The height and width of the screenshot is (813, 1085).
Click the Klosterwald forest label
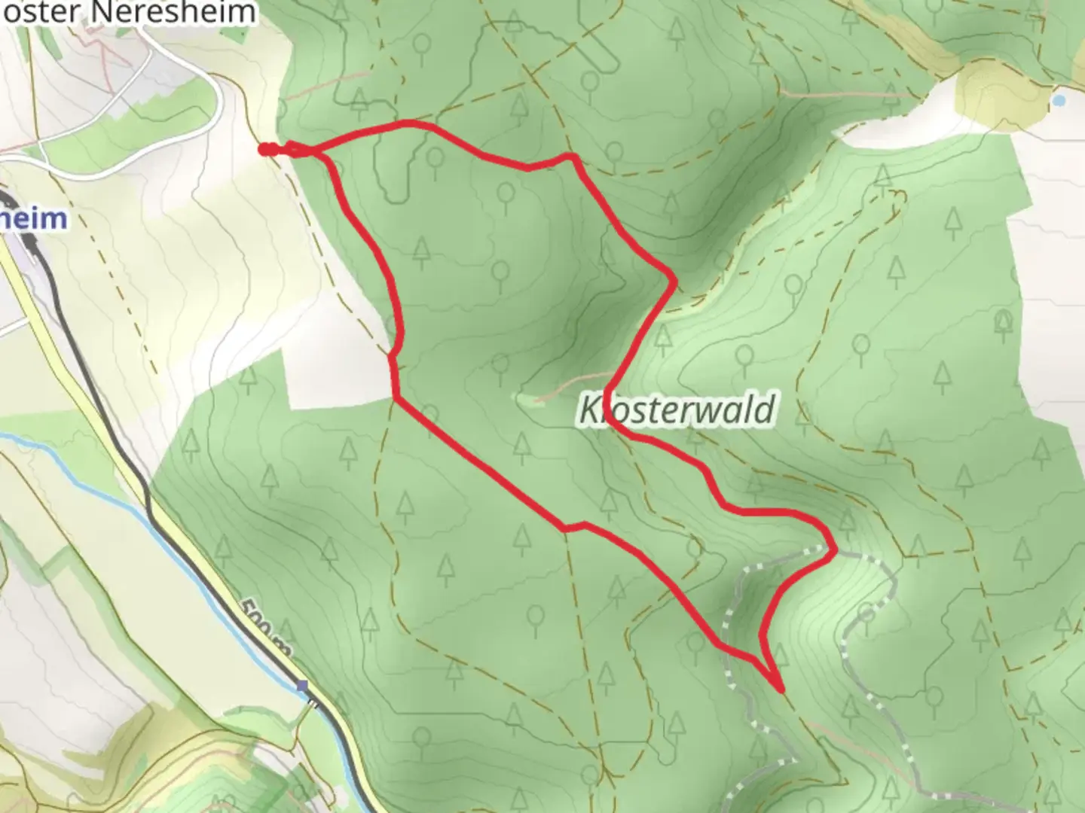(677, 410)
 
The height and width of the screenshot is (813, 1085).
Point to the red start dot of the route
(264, 150)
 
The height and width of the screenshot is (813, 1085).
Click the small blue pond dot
(1059, 99)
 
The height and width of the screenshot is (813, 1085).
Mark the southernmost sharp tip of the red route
(780, 688)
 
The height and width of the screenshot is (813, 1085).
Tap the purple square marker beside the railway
(303, 686)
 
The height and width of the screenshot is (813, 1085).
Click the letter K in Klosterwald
(588, 411)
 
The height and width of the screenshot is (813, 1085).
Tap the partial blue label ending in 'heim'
(34, 218)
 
